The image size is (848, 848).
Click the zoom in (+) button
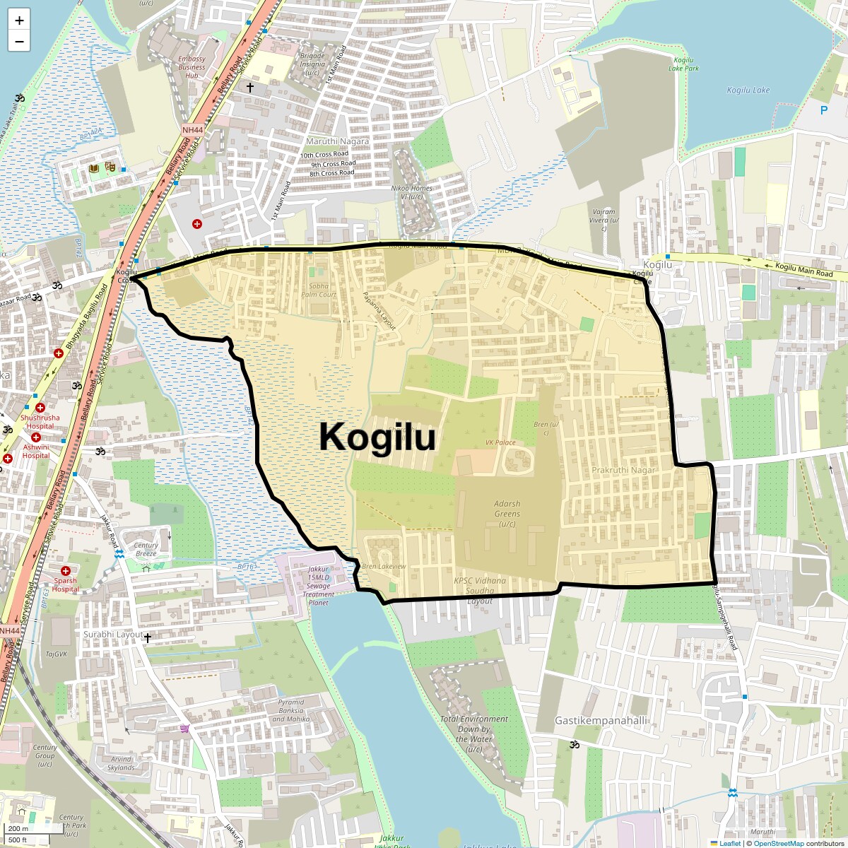point(19,20)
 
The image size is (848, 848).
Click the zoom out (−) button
point(19,41)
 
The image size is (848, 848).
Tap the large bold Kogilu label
point(377,437)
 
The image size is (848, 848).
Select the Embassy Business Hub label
point(192,67)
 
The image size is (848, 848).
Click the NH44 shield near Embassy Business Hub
point(192,130)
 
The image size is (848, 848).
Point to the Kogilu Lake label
point(748,90)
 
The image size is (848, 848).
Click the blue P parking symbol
point(823,110)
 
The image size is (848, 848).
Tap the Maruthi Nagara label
point(337,141)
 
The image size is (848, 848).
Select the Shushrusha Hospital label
point(40,422)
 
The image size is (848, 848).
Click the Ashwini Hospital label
point(36,452)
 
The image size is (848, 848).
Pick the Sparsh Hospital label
point(65,585)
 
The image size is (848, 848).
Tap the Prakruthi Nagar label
point(623,470)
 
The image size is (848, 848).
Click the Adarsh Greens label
point(507,514)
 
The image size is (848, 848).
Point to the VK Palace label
point(500,442)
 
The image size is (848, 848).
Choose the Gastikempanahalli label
point(601,721)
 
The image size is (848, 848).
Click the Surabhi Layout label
point(113,635)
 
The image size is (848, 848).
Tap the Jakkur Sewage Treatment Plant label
point(318,586)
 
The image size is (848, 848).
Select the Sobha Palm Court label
point(319,290)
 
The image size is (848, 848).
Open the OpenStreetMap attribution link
point(778,843)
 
